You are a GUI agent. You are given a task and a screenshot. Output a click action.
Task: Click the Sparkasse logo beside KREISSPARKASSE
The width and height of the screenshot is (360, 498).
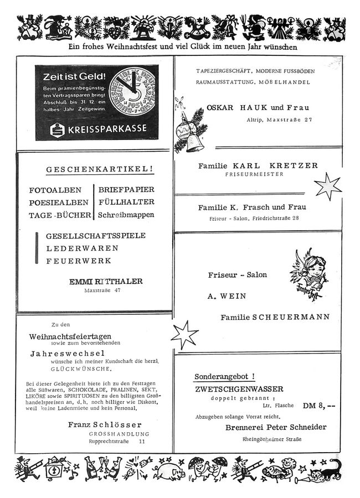[x=56, y=129]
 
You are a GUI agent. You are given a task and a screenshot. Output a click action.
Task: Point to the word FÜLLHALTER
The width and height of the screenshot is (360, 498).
[x=126, y=202]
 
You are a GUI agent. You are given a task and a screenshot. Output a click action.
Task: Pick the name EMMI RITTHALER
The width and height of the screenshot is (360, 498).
[x=105, y=281]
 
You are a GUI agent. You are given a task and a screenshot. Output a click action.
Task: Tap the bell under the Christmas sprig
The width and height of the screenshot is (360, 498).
[x=193, y=145]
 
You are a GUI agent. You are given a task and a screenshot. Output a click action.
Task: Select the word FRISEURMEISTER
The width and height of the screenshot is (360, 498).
[x=254, y=174]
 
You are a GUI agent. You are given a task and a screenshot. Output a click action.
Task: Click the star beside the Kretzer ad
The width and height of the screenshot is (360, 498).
[x=328, y=186]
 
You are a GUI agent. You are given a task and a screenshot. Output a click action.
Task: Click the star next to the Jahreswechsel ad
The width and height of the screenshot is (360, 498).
[x=184, y=335]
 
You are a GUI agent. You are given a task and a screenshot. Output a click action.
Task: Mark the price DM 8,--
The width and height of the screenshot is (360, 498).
[x=318, y=406]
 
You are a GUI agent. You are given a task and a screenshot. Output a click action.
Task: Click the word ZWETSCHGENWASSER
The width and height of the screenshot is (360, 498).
[x=239, y=389]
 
